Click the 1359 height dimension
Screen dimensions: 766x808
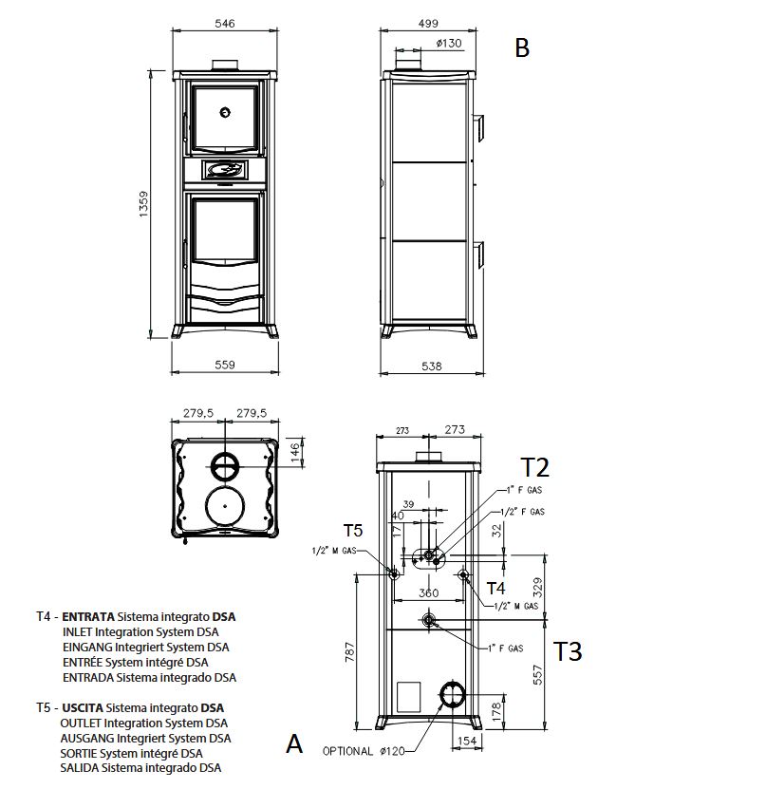[143, 204]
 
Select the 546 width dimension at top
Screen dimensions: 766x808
[225, 23]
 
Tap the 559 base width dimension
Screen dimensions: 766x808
[225, 365]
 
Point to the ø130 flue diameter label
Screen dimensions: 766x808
[449, 44]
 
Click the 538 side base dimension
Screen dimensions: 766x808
[432, 366]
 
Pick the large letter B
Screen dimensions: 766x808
[522, 47]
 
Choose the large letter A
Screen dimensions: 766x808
[294, 744]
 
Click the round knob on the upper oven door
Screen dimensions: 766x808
[225, 112]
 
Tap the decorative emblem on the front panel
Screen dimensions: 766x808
[225, 170]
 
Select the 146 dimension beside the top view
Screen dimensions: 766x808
[295, 452]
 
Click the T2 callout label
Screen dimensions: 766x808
[535, 468]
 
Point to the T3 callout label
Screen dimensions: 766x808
[568, 651]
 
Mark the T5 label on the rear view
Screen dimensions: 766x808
[353, 530]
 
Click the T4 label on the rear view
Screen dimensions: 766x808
[496, 588]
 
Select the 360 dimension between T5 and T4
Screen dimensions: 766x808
[429, 593]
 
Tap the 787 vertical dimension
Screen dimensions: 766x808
[350, 652]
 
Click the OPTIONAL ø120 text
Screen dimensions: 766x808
[364, 751]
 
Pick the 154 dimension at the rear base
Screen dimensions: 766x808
[467, 741]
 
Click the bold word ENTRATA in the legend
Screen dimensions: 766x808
[88, 617]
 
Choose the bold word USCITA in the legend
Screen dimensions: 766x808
[83, 708]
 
